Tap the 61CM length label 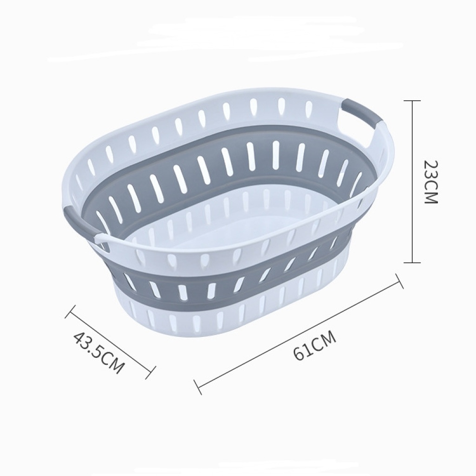[x=315, y=346]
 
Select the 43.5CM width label [x=99, y=353]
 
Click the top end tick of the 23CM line [x=412, y=101]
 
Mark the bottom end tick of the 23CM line [x=412, y=262]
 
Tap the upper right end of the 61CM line [x=399, y=281]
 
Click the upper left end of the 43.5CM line [x=70, y=312]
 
